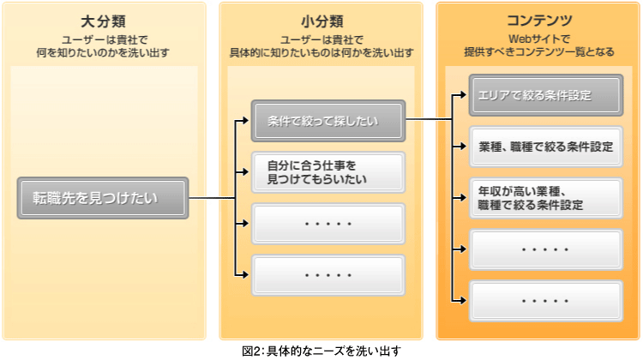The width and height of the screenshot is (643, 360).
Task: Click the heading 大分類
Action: click(x=103, y=21)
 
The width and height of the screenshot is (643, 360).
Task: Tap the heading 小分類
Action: click(x=321, y=21)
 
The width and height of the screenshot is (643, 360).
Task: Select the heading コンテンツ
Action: click(x=539, y=20)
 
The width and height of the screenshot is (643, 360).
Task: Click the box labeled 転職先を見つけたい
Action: click(x=103, y=198)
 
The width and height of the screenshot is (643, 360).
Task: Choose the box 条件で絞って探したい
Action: click(x=328, y=121)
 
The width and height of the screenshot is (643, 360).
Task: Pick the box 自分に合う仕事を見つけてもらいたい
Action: click(x=328, y=172)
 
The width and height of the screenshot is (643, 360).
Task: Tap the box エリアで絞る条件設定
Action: click(x=546, y=95)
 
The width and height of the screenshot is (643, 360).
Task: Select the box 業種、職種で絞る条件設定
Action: click(x=546, y=147)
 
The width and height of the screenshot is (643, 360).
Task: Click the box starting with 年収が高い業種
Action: click(x=546, y=198)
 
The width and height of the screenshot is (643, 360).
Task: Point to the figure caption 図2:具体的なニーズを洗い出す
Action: click(x=321, y=351)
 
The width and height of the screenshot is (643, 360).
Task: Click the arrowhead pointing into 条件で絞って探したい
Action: click(x=245, y=121)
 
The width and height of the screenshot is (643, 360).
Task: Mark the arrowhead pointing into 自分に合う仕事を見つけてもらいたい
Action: click(x=245, y=171)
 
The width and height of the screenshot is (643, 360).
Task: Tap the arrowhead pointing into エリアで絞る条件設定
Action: click(x=463, y=95)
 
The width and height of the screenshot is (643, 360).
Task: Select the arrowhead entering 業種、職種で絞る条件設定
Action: click(x=463, y=147)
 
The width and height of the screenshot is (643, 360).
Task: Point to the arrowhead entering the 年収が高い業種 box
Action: click(x=463, y=198)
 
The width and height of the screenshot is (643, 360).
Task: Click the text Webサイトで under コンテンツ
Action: click(x=539, y=39)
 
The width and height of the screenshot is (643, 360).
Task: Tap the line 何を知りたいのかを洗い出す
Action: click(x=103, y=52)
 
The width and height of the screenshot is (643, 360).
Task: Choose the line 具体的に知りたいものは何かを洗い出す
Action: click(x=321, y=52)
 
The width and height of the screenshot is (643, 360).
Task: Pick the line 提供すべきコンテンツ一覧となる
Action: click(x=539, y=51)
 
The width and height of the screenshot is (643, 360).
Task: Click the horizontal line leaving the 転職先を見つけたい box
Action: click(x=212, y=199)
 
